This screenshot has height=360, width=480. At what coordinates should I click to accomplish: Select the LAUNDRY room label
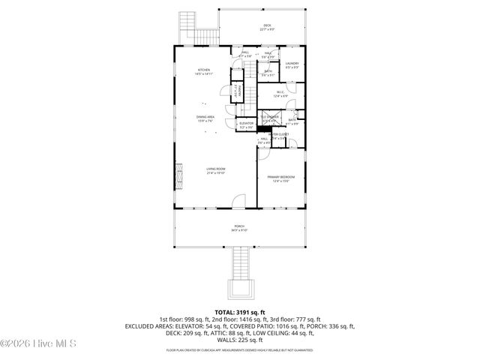(x=292, y=65)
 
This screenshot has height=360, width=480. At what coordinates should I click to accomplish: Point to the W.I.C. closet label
(x=280, y=94)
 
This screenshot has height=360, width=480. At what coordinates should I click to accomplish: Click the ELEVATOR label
(x=246, y=125)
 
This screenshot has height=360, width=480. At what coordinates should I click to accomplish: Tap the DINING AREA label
(x=205, y=119)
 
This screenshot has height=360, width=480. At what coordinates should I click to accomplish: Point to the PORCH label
(x=239, y=228)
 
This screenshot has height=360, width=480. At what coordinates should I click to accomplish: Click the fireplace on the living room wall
(x=178, y=178)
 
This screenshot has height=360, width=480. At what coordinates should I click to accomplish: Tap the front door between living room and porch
(x=239, y=202)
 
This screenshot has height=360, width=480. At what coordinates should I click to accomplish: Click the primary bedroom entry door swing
(x=265, y=154)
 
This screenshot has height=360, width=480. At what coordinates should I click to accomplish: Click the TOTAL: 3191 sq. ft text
(x=239, y=312)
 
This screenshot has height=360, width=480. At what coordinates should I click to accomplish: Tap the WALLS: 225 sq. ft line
(x=239, y=338)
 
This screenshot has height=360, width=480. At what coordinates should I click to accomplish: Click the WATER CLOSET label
(x=278, y=135)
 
